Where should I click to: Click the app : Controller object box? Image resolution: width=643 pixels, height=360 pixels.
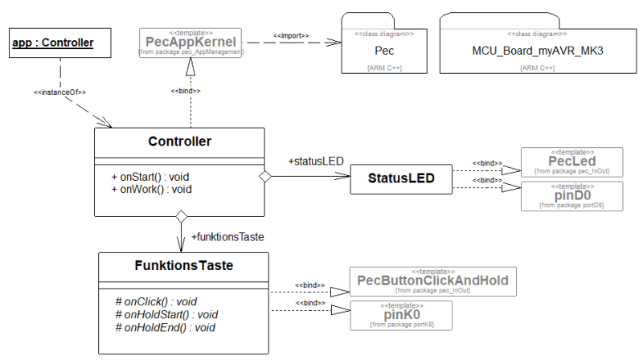tap(54, 43)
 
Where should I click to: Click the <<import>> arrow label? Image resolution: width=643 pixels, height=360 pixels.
tap(291, 36)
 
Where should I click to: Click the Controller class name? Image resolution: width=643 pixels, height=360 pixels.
tap(179, 142)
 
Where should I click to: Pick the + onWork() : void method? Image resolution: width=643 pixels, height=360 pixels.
tap(151, 190)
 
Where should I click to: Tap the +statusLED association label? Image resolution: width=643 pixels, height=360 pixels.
tap(315, 162)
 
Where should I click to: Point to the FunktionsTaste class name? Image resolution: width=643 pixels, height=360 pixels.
tap(182, 264)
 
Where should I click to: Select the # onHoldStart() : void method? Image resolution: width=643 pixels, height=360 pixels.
tap(167, 315)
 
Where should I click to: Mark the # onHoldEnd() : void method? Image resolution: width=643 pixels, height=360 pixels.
tap(165, 328)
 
